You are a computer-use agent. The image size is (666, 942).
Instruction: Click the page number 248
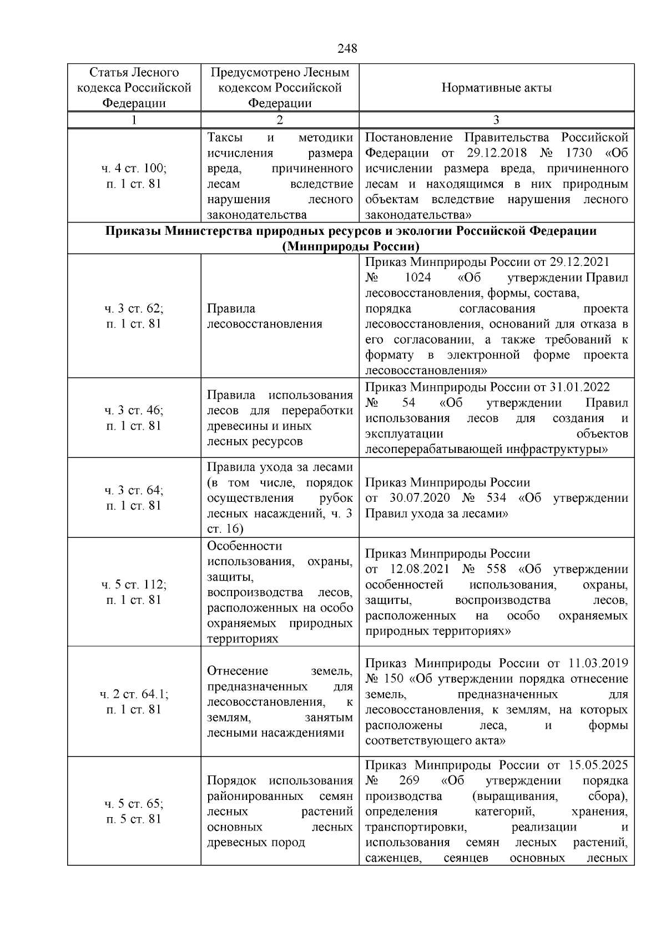click(347, 49)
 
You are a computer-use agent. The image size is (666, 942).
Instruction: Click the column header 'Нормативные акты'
click(496, 88)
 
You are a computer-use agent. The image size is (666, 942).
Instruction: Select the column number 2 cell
click(280, 120)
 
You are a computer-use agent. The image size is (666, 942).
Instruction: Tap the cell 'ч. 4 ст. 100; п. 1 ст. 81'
click(134, 176)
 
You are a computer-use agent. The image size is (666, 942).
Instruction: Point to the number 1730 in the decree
click(577, 153)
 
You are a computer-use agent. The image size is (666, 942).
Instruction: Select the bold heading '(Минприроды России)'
click(350, 246)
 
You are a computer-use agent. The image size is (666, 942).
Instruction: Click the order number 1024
click(418, 278)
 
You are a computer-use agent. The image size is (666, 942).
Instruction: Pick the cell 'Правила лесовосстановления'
click(264, 316)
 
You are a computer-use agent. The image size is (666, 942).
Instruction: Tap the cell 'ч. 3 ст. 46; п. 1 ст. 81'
click(134, 418)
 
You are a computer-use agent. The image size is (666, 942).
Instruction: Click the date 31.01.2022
click(579, 387)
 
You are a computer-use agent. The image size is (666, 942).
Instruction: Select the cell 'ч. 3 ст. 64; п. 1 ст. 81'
click(134, 498)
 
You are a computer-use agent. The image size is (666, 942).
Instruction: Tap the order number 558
click(496, 569)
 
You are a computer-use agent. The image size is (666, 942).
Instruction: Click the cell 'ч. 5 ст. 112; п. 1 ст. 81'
click(134, 592)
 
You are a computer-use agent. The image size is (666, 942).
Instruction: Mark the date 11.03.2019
click(598, 663)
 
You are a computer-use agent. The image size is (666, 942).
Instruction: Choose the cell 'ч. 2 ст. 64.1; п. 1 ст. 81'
click(134, 702)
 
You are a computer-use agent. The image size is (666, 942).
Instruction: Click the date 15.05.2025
click(598, 765)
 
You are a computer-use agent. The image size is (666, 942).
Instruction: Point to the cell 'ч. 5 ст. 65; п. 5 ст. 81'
click(134, 812)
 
